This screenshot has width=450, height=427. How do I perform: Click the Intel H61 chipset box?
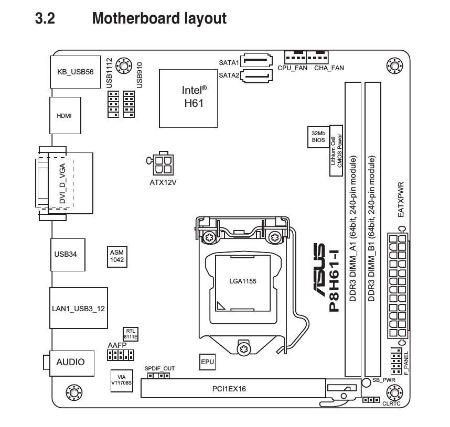click(188, 98)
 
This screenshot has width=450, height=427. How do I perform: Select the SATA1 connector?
click(256, 60)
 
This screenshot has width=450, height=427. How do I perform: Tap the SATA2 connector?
click(256, 76)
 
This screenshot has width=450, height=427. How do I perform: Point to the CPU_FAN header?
click(295, 57)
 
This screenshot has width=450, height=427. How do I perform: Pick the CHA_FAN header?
click(317, 57)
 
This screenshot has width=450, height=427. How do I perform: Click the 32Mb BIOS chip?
click(318, 137)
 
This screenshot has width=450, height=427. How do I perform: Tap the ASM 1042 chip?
click(117, 257)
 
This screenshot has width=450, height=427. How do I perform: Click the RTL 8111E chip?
click(131, 334)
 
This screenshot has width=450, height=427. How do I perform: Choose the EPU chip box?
click(208, 362)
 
